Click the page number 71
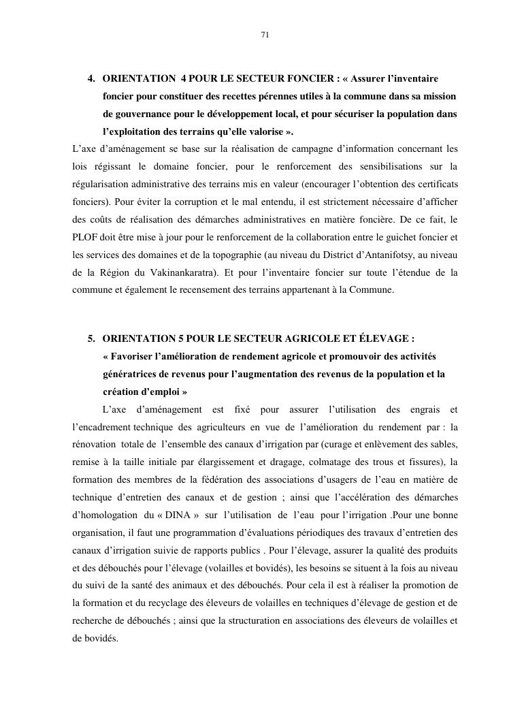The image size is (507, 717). click(265, 35)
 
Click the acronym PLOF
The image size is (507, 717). click(86, 238)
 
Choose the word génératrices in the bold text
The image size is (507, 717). click(131, 375)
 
